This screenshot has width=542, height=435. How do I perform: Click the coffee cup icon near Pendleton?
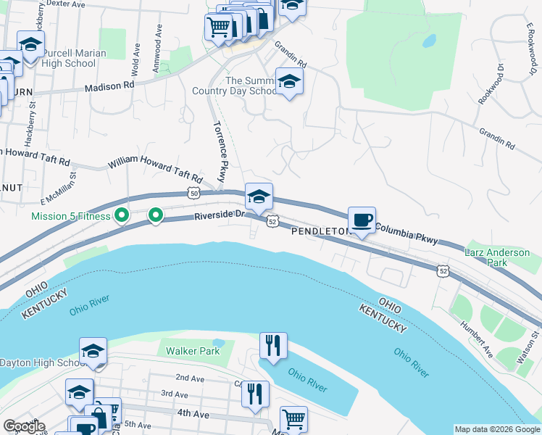(x=362, y=220)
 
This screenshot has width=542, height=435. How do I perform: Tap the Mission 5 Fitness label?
(x=70, y=215)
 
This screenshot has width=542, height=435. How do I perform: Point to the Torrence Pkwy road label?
(x=220, y=151)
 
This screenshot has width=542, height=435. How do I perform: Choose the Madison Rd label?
(x=109, y=86)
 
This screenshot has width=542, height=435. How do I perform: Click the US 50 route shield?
(x=192, y=193)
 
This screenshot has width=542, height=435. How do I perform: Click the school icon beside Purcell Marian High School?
(x=30, y=48)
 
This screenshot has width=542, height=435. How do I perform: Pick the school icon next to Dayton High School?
(x=93, y=352)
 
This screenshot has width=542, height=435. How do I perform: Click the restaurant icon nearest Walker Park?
(x=273, y=346)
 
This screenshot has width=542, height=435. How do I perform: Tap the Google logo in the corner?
(x=24, y=427)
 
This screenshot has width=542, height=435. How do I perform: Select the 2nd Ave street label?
(x=191, y=378)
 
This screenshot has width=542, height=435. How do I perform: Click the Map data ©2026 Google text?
(x=497, y=429)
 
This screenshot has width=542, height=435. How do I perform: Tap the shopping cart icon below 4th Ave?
(x=293, y=419)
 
